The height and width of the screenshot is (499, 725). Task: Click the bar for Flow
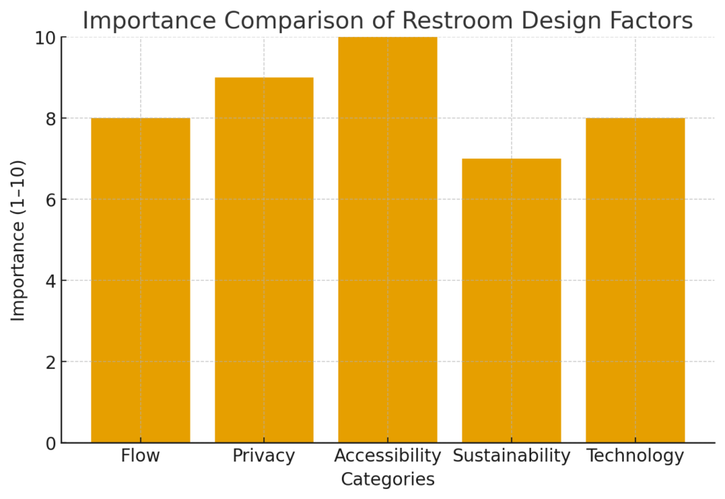(140, 280)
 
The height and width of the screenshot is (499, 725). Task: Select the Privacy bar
(264, 260)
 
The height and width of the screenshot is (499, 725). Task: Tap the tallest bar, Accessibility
(387, 240)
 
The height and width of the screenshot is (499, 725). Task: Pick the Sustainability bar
(511, 301)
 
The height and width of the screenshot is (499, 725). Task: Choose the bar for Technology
(635, 280)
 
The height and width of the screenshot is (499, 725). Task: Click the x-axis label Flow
(140, 456)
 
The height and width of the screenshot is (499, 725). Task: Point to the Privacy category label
(264, 456)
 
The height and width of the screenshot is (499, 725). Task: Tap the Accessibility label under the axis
(387, 456)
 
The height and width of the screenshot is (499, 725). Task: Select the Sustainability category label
(511, 456)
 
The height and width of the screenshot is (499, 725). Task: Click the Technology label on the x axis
(635, 456)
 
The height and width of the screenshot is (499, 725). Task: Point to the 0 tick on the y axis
(50, 444)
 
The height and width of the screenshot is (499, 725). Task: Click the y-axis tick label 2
(50, 362)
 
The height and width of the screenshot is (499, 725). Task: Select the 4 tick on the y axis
(50, 281)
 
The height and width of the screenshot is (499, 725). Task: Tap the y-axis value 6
(50, 200)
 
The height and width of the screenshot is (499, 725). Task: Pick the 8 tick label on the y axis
(50, 119)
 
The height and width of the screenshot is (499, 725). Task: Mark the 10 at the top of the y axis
(45, 38)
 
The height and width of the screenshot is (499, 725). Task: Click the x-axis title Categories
(387, 480)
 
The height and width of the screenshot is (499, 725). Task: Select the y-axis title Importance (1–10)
(18, 240)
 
